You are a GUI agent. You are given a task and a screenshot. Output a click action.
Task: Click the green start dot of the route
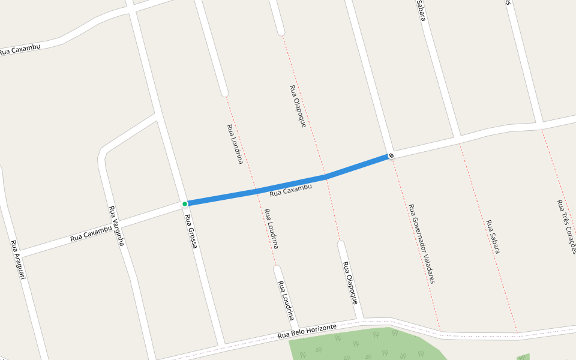coord(185,204)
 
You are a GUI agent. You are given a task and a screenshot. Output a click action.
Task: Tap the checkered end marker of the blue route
coord(391,156)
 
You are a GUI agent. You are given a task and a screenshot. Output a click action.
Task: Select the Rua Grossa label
coord(191,231)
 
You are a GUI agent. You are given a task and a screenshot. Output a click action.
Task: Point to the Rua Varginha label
coord(116,226)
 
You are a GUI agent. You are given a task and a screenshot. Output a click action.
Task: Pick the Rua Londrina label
coord(235,144)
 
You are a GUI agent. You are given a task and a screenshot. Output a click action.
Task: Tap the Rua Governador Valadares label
coord(421,243)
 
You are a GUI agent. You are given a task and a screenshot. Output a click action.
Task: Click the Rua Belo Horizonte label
coord(307,331)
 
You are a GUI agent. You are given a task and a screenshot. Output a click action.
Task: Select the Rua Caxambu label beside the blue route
coord(291,190)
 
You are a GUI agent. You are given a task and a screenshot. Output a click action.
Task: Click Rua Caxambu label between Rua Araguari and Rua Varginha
coord(91,234)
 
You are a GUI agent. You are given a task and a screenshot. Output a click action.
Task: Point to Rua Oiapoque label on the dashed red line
coord(298,106)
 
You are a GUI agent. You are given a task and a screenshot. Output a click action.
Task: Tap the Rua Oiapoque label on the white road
coord(350,282)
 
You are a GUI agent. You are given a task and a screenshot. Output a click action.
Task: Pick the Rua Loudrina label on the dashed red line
coord(271,229)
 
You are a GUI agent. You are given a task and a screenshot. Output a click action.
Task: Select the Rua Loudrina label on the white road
coord(286,301)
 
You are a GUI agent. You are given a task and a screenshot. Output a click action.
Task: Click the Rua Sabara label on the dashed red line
coord(493,236)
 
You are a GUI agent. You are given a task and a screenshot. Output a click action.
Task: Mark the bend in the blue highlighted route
coord(327,176)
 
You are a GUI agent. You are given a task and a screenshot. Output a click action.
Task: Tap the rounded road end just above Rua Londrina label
coord(224,93)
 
